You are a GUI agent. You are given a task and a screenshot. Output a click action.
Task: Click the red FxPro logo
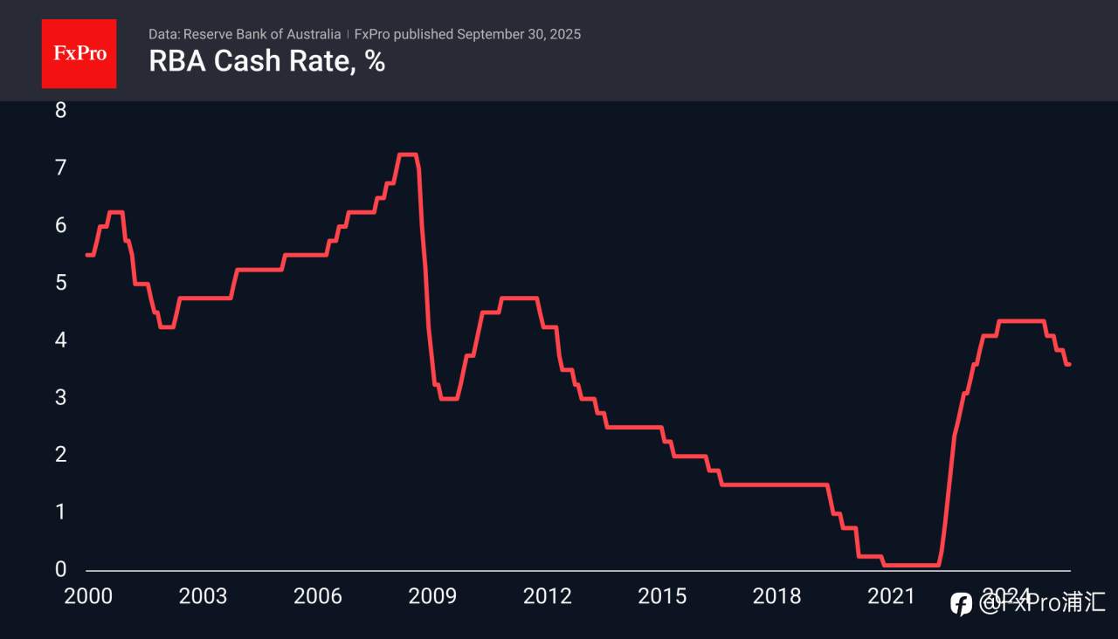pos(79,53)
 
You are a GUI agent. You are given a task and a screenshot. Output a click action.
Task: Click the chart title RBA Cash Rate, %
pos(266,62)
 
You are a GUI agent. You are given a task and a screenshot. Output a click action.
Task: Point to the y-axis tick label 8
pos(60,110)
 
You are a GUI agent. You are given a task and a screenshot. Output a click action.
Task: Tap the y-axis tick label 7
pos(60,168)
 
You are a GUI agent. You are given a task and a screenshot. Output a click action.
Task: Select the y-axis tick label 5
pos(60,283)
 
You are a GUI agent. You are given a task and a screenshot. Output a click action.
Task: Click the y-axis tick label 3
pos(60,397)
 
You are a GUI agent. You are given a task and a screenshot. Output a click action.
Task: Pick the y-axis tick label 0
pos(60,569)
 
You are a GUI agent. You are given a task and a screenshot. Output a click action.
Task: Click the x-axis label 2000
pos(87,596)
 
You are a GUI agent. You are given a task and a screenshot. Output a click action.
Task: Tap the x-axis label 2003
pos(203,596)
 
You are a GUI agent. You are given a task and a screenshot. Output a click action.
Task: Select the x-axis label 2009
pos(432,596)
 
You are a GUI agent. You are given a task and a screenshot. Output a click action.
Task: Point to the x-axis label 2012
pos(547,596)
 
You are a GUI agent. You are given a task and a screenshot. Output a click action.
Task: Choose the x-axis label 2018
pos(776,596)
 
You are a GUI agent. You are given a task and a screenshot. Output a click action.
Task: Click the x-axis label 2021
pos(891,596)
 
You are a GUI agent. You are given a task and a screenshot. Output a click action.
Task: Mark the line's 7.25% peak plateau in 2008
pos(407,155)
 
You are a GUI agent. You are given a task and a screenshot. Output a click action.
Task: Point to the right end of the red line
pos(1069,364)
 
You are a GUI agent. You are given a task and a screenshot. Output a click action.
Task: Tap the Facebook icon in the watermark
pos(961,603)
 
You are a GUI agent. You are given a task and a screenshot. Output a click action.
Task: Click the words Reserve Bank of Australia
pos(262,34)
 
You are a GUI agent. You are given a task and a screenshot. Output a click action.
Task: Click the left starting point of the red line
pos(87,254)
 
